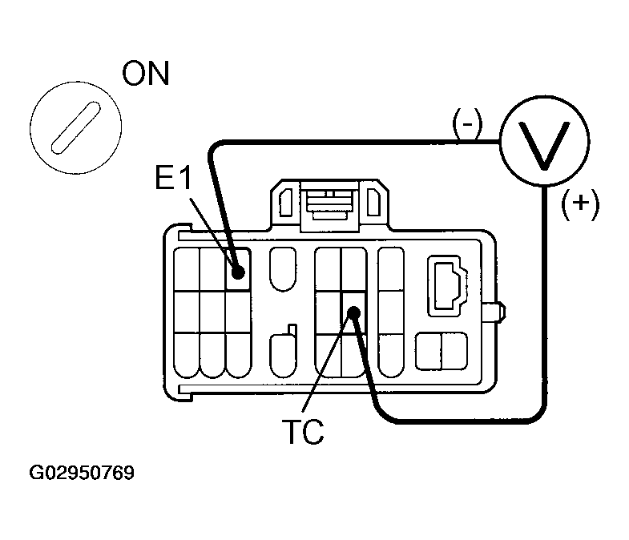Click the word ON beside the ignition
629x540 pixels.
pos(146,74)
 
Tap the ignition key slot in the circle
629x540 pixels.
pos(76,127)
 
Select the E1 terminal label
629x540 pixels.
pos(174,178)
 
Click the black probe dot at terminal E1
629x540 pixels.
pos(238,272)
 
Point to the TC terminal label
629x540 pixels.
pos(303,432)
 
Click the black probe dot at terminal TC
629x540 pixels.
pos(353,312)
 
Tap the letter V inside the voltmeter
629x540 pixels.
pos(544,145)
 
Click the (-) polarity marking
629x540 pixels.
pos(467,124)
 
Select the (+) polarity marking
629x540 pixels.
pos(580,204)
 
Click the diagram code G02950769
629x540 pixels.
pos(82,473)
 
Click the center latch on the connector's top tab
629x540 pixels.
pos(329,205)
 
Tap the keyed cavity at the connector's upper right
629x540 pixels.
pos(447,286)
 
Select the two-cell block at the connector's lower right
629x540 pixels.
pos(442,351)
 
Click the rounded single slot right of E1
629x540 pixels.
pos(283,268)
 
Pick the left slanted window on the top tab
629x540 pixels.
pos(285,202)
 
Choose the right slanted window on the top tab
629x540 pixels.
pos(374,202)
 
